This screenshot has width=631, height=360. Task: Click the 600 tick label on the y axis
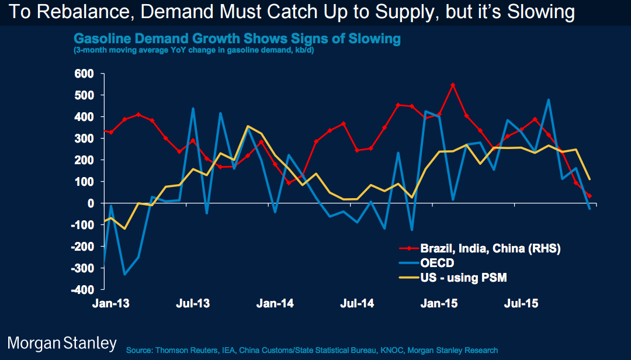click(x=84, y=74)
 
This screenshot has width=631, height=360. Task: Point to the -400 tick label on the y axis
click(x=81, y=290)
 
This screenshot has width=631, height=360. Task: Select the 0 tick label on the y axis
click(x=91, y=203)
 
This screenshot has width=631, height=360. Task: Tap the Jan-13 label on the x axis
click(x=110, y=304)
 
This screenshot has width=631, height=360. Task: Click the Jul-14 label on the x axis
click(x=358, y=304)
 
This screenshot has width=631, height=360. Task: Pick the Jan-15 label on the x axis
click(x=439, y=304)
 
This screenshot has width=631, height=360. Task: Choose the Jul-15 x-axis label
click(x=521, y=304)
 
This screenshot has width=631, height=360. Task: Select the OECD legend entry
click(x=438, y=263)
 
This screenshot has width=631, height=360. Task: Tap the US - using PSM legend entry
click(x=463, y=278)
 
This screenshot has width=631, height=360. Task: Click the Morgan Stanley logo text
click(x=62, y=343)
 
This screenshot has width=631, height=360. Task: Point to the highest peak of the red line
click(x=453, y=85)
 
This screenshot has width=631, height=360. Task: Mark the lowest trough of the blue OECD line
click(x=124, y=274)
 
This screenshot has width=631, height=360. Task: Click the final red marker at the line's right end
click(x=589, y=196)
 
